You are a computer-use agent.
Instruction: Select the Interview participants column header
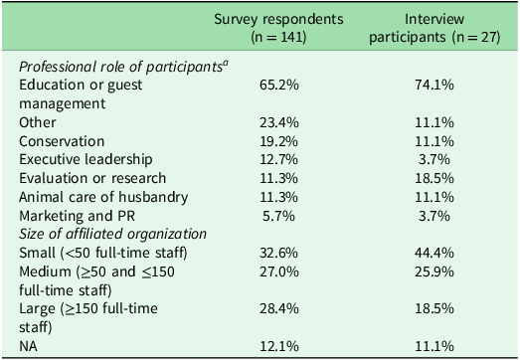(x=441, y=28)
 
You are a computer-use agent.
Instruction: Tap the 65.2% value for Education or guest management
(x=283, y=86)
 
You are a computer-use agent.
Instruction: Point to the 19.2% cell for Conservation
(x=283, y=140)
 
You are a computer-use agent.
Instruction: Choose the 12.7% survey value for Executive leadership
(x=283, y=159)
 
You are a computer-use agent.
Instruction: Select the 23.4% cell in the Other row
(x=283, y=122)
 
